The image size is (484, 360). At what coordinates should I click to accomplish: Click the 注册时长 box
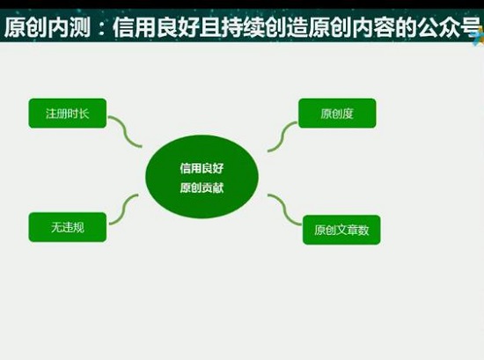tap(67, 114)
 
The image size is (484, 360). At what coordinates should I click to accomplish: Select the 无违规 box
tap(67, 227)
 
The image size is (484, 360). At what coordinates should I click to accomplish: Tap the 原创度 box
tap(337, 114)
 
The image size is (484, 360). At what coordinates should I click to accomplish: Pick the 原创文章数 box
tap(341, 230)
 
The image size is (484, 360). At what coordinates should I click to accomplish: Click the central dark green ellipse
tap(202, 176)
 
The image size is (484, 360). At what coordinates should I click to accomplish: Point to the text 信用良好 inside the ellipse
tap(202, 166)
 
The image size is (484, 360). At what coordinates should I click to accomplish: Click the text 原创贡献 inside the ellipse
tap(202, 187)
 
